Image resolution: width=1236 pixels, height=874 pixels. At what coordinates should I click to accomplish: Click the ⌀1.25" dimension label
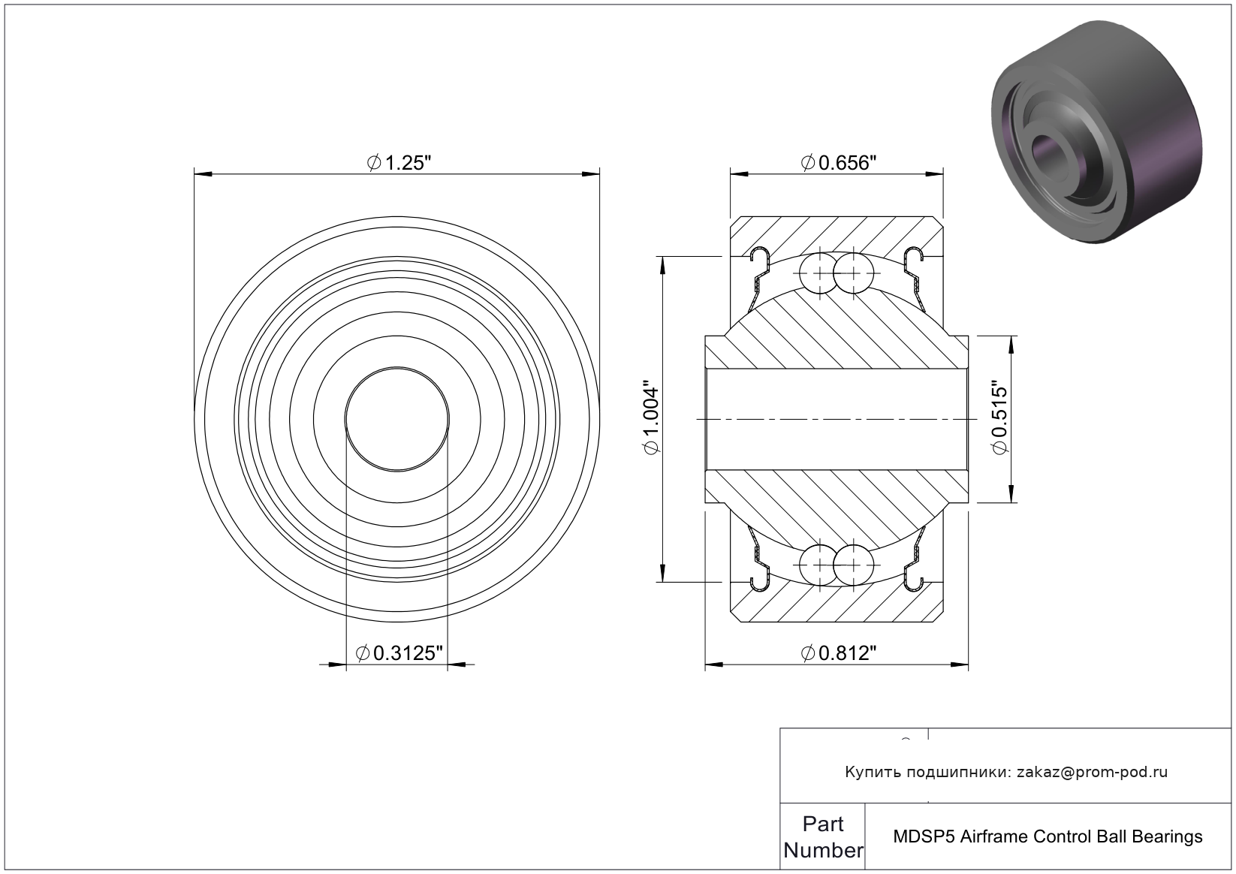(x=399, y=163)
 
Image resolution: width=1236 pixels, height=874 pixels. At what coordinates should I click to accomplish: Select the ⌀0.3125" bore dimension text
(x=399, y=653)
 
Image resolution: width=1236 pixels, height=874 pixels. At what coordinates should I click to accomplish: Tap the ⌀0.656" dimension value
(x=838, y=163)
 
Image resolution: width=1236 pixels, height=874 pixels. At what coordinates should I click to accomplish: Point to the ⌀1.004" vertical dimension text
(x=651, y=418)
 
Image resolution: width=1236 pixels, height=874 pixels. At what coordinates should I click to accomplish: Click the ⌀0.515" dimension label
(x=999, y=417)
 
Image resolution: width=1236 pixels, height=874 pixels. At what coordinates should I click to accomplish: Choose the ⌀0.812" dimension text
(x=838, y=653)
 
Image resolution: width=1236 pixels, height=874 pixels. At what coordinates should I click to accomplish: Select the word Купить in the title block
(x=873, y=773)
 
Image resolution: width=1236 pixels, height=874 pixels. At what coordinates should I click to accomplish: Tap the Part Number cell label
(x=823, y=837)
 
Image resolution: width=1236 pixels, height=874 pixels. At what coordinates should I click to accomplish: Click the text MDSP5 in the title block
(x=924, y=837)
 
